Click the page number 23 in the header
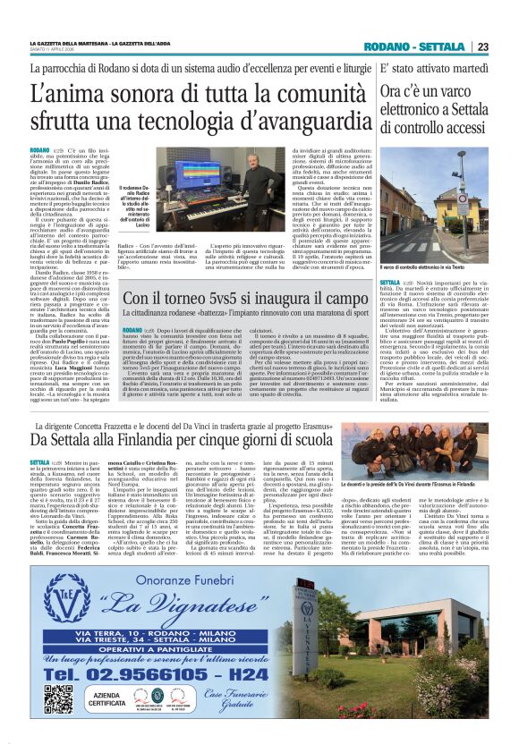[482, 47]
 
